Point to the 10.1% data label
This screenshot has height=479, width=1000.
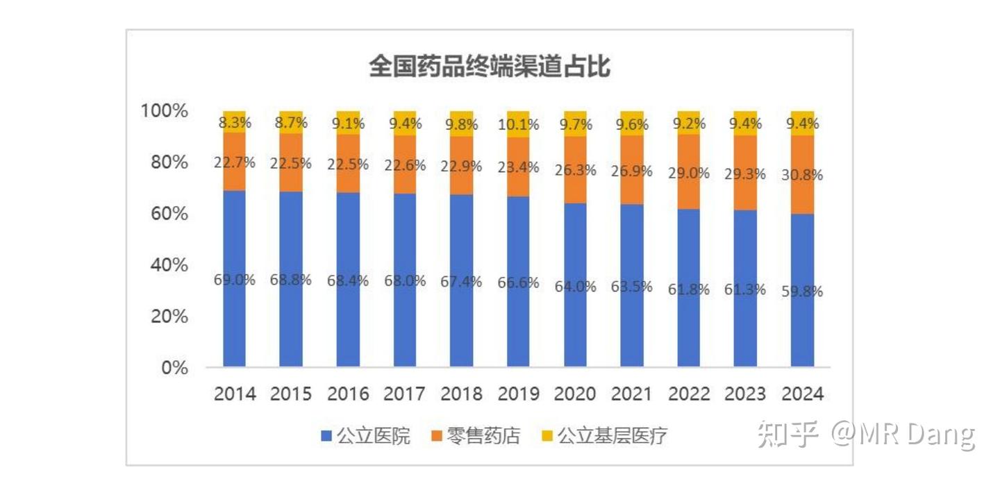pos(518,125)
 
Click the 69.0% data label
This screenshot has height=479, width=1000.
pos(234,280)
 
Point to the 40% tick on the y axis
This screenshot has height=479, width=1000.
pos(169,265)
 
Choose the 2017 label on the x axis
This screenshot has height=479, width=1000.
pos(404,394)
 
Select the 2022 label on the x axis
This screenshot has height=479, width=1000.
pos(689,394)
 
